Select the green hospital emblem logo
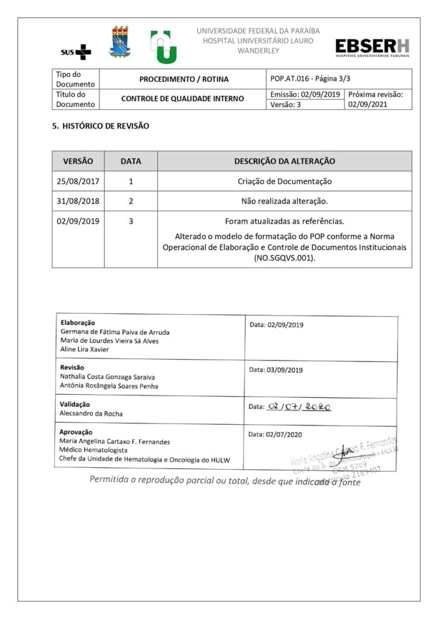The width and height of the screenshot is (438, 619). [x=163, y=47]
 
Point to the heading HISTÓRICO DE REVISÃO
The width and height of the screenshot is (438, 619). [x=100, y=126]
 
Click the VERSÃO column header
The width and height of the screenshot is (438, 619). [x=78, y=161]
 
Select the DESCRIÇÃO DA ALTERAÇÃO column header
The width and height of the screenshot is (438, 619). [x=285, y=161]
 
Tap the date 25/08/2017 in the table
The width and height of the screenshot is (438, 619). [x=78, y=181]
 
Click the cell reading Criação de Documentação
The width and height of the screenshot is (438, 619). [x=285, y=181]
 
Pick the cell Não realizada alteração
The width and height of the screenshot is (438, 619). [x=285, y=201]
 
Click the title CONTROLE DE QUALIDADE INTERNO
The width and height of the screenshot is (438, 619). [x=182, y=99]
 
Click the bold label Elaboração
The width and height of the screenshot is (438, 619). [x=77, y=323]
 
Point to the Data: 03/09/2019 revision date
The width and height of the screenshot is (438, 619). [x=276, y=370]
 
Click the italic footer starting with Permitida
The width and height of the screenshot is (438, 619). [x=225, y=481]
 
